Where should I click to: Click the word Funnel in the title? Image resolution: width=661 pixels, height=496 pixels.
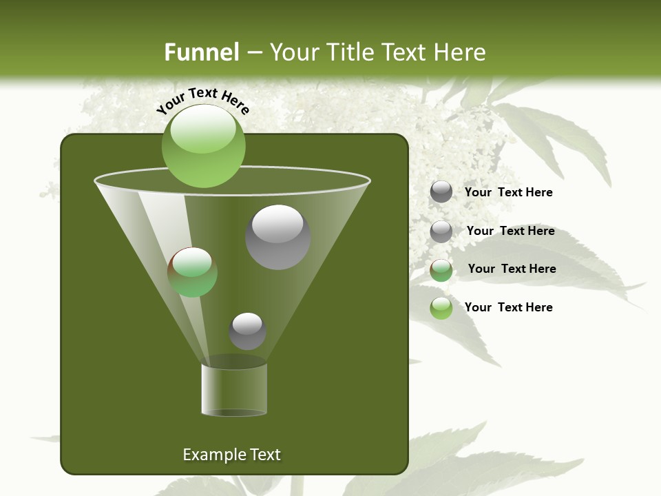[x=201, y=52]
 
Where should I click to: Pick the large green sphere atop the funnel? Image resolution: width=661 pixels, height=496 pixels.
[x=204, y=145]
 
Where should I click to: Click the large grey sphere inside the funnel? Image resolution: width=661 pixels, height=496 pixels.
[x=277, y=237]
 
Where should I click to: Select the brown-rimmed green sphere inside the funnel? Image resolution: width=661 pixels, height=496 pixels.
[x=192, y=272]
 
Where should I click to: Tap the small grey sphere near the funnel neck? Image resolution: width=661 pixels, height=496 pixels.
[x=247, y=331]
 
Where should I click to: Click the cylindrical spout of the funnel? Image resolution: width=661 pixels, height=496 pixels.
[x=234, y=390]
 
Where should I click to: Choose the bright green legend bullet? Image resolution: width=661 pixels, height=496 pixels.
[x=441, y=308]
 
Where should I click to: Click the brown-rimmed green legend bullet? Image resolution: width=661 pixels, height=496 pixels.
[x=441, y=269]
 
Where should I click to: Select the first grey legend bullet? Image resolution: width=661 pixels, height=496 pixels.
[x=441, y=192]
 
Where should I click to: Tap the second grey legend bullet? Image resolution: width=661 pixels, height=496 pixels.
[x=441, y=231]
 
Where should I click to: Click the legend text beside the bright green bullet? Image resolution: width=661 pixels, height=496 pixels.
[x=509, y=307]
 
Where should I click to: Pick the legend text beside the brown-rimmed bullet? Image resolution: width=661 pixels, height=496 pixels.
[x=512, y=269]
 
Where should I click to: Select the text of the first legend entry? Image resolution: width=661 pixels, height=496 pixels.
[x=509, y=192]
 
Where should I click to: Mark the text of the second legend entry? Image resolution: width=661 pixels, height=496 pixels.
[x=510, y=231]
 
